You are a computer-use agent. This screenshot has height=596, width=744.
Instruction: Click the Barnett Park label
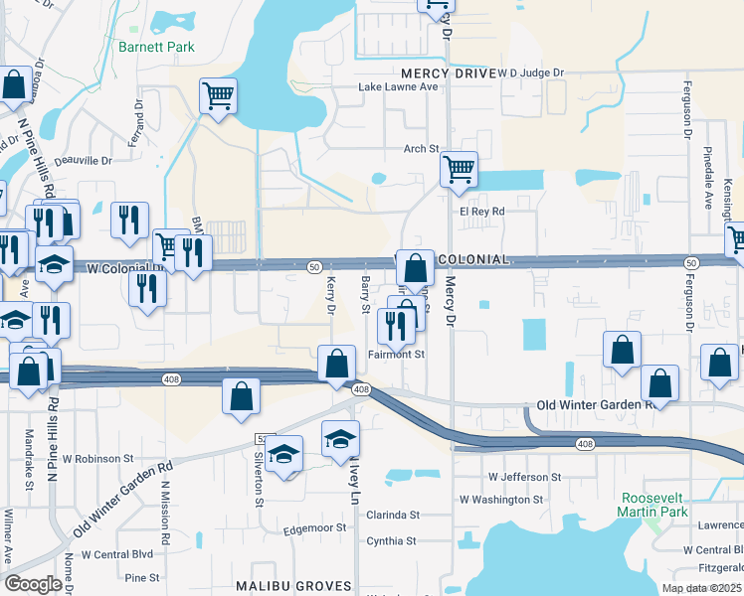click(x=156, y=47)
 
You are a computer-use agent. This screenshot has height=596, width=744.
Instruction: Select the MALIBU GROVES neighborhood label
click(x=294, y=586)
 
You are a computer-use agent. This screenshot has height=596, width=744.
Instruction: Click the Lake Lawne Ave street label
click(x=399, y=87)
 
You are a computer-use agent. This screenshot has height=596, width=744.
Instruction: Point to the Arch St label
click(x=421, y=149)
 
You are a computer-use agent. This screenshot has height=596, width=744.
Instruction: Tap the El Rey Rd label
click(x=482, y=212)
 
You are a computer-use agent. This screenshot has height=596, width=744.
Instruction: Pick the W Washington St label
click(x=501, y=500)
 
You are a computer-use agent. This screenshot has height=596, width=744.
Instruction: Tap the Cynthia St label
click(x=391, y=541)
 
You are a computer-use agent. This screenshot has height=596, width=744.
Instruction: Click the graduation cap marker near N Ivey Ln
click(x=340, y=438)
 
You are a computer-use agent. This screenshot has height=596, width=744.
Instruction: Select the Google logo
click(x=33, y=584)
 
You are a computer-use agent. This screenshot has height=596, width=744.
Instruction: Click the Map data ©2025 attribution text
click(x=702, y=588)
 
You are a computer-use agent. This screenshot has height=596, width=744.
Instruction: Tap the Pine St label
click(x=142, y=577)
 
